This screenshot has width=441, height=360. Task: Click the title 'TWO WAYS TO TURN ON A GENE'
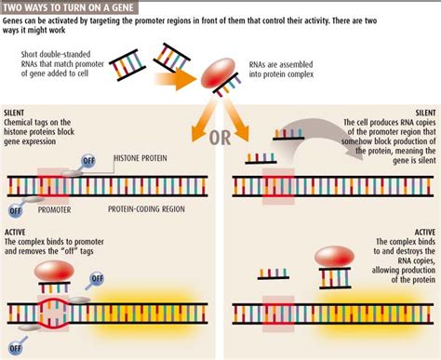pos(70,7)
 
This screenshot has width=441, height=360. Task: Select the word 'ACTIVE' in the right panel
pos(420,231)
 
